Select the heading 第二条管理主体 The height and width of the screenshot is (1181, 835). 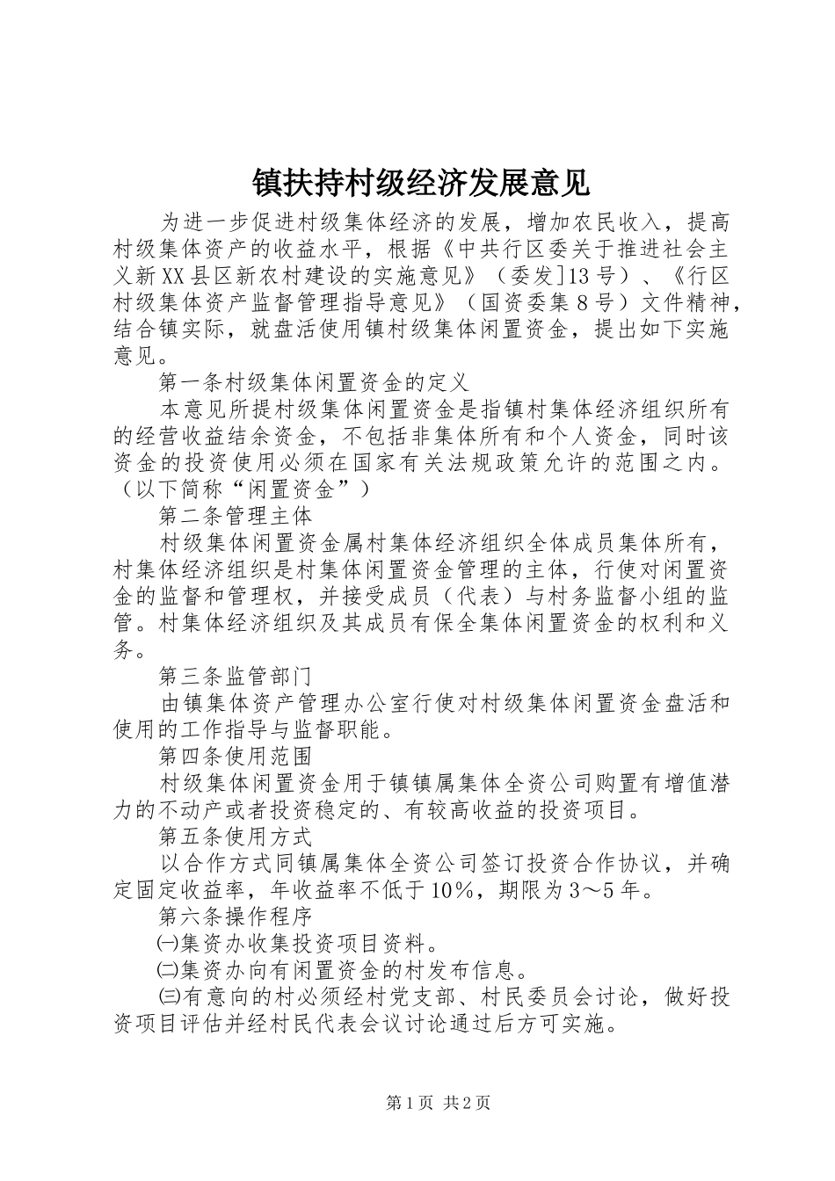pos(236,514)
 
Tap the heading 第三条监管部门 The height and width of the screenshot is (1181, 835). pos(236,677)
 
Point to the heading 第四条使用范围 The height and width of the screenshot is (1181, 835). pos(236,755)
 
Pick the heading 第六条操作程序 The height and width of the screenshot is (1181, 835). pos(236,917)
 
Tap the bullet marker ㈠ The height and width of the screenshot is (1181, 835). pos(168,945)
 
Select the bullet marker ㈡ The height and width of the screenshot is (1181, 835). pos(168,971)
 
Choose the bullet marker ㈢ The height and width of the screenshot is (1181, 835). pos(168,997)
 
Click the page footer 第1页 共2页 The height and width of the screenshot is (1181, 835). pos(438,1104)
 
